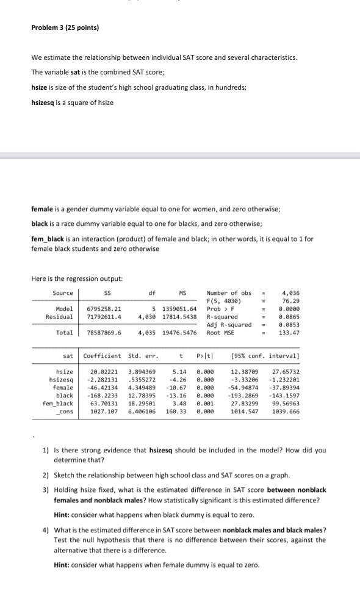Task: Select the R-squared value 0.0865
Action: pyautogui.click(x=290, y=317)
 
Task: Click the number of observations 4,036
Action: pyautogui.click(x=290, y=294)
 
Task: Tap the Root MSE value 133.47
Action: pyautogui.click(x=290, y=333)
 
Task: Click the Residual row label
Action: pyautogui.click(x=60, y=317)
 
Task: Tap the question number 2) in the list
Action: pyautogui.click(x=45, y=474)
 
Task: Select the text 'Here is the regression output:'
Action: pyautogui.click(x=77, y=278)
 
